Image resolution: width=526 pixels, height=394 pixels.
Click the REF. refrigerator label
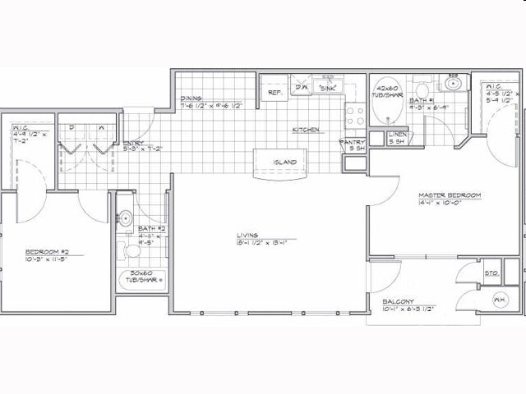pos(275,93)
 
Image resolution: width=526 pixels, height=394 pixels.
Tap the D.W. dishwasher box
pos(302,85)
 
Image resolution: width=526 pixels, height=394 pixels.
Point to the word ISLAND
pos(284,162)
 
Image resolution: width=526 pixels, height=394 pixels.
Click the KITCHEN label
pos(306,130)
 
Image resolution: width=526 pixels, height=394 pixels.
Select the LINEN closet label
pos(397,134)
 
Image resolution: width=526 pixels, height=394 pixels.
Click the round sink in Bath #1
pos(453,83)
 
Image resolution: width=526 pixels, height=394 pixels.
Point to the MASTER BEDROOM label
pos(449,195)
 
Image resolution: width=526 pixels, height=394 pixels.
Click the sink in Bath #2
pos(126,218)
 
